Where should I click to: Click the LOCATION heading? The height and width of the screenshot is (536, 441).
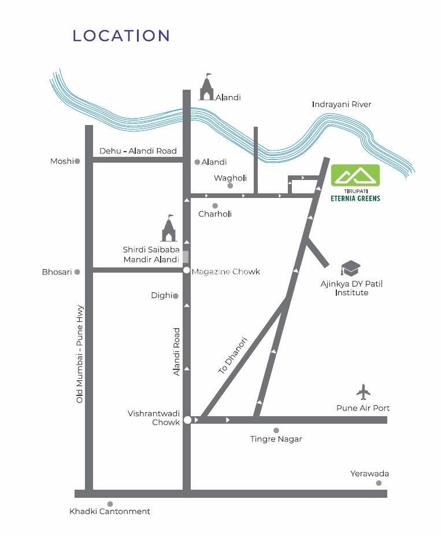(121, 35)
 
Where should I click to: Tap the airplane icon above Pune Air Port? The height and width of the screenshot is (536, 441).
(364, 392)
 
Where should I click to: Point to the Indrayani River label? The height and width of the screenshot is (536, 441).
(341, 104)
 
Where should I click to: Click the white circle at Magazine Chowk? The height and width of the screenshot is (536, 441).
(187, 270)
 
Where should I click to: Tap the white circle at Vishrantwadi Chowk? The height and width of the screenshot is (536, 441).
(187, 420)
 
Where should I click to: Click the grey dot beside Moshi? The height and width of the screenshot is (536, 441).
(77, 161)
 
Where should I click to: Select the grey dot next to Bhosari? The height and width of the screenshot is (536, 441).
(77, 271)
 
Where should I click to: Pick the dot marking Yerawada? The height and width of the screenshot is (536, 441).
(379, 483)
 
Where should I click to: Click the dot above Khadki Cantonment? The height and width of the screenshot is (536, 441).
(110, 504)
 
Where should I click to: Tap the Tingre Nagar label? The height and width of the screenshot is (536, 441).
(276, 439)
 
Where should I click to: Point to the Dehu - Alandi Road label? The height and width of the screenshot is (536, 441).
(138, 151)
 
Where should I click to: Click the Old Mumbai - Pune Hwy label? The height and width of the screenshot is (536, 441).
(80, 354)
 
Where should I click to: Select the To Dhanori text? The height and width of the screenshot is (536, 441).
(233, 354)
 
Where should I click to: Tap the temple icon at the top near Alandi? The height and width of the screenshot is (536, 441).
(206, 87)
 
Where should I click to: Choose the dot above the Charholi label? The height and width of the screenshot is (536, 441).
(214, 205)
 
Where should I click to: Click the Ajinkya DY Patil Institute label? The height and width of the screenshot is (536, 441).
(351, 288)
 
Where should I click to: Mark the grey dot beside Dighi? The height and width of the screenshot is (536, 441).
(176, 296)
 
